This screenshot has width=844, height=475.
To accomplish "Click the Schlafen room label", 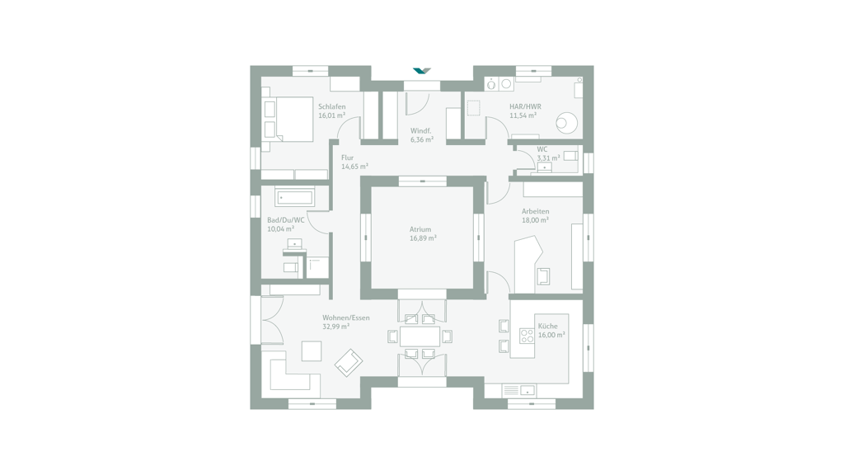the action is coord(331,106).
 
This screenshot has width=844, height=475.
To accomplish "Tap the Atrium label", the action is coord(420,229).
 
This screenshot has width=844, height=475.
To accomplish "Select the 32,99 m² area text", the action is coord(336,327).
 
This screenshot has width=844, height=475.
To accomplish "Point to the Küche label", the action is coord(547,326).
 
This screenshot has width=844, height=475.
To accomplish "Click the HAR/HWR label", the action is coord(525,106).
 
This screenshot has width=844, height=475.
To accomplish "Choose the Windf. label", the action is coord(420,131).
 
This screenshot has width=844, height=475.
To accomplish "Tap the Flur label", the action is coord(347,158).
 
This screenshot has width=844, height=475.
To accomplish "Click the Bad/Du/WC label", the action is coord(286,220).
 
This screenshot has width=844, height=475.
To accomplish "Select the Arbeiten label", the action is coord(535,211).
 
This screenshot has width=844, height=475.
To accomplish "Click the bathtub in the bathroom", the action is coord(294,198).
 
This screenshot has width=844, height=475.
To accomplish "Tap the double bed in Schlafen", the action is coord(288,119).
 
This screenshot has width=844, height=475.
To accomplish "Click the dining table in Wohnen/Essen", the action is coord(420,336).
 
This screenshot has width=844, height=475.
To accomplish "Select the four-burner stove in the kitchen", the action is coord(527,336).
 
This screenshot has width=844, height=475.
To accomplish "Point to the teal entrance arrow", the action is coord(422,71).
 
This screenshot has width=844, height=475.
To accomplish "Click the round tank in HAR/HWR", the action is coord(566,122).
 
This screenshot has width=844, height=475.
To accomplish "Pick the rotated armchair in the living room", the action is coord(349,363).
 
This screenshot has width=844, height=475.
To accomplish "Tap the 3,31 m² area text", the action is coord(548,158).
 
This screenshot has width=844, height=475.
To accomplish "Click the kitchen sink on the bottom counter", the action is coord(528,390).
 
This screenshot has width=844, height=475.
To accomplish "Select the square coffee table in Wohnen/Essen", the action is coord(311,351).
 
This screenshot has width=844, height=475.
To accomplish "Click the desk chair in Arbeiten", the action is coord(544,276).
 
